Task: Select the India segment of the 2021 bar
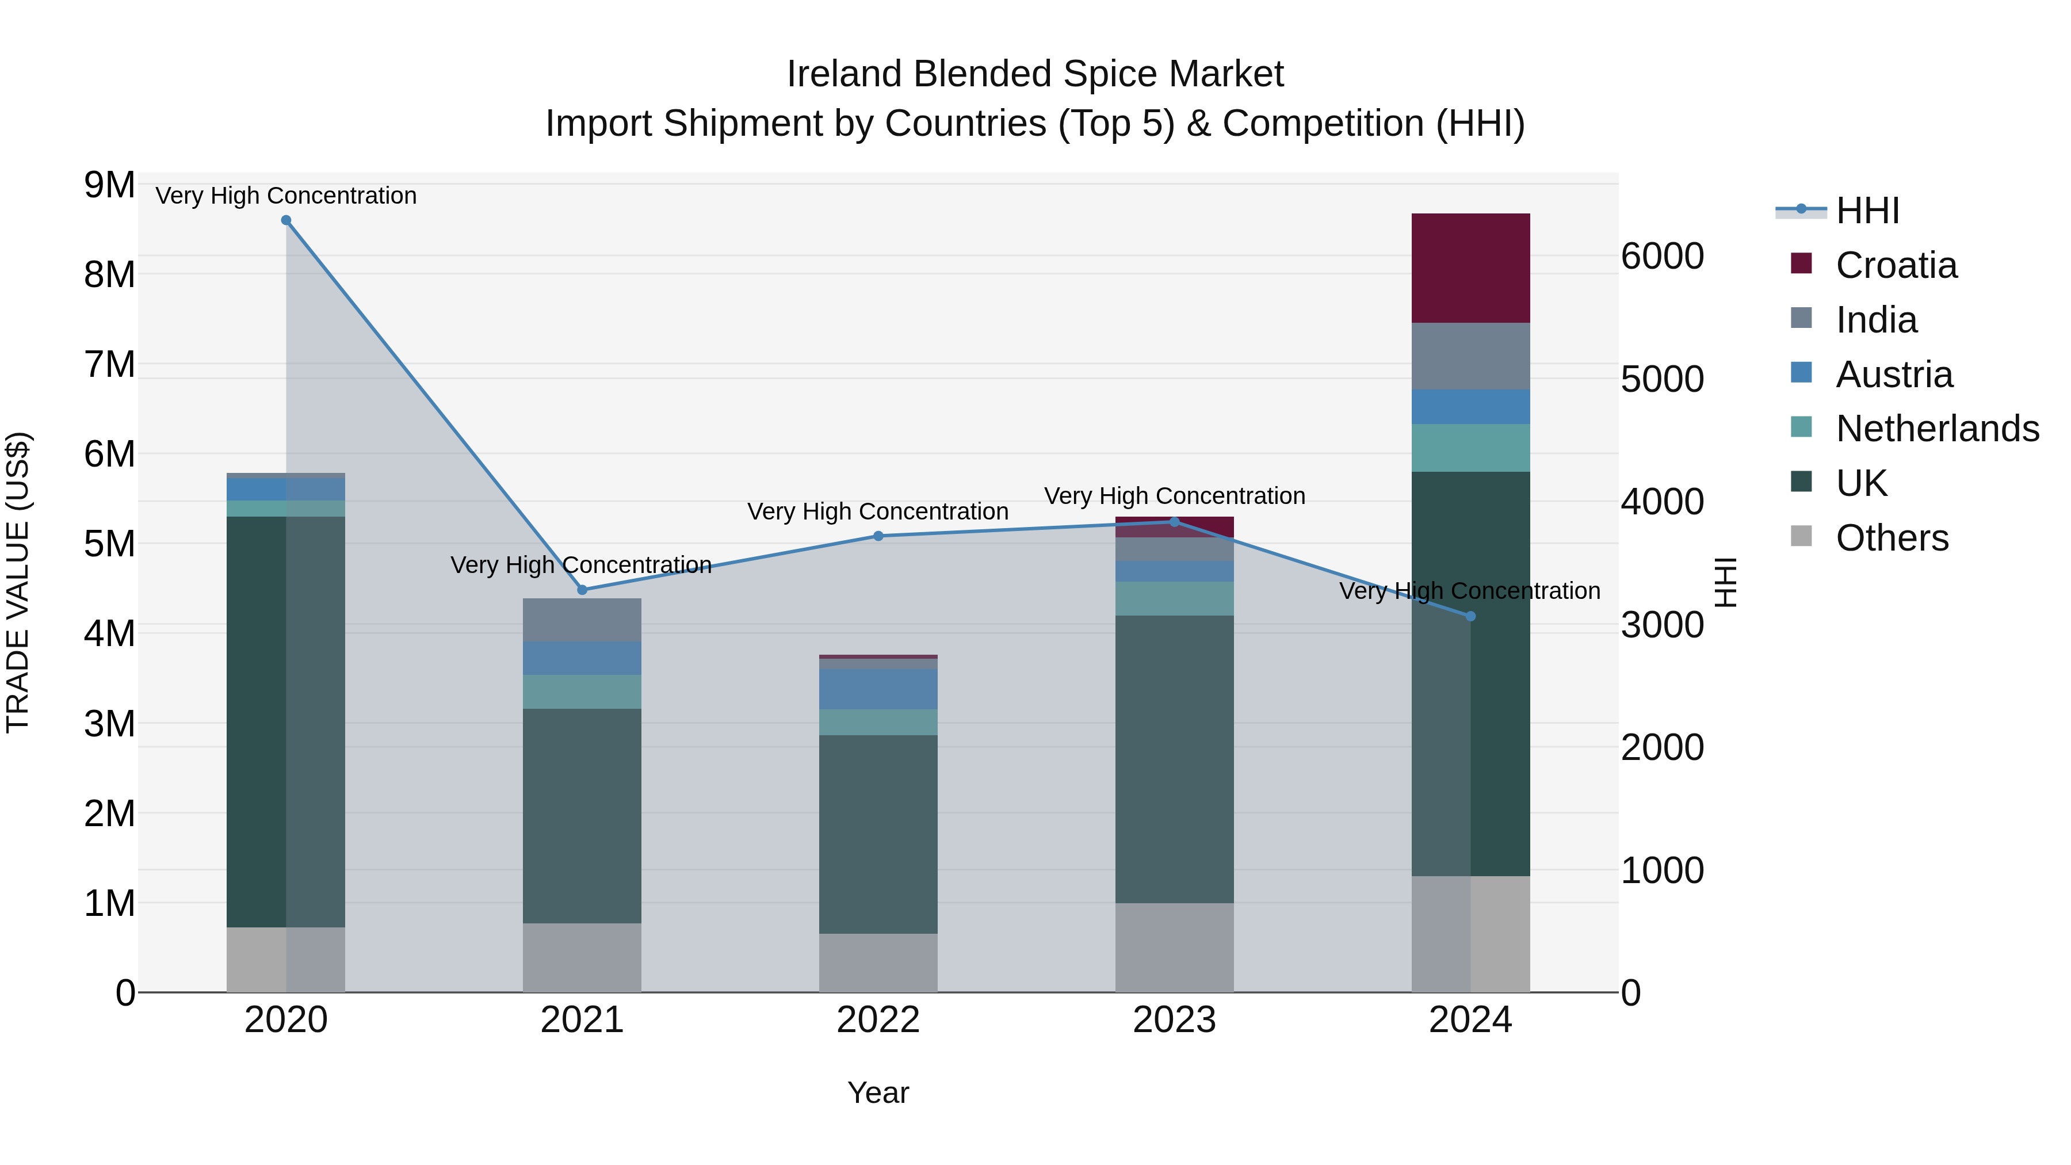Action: point(582,619)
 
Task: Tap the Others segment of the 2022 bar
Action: point(878,962)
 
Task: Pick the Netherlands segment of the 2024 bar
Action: point(1470,448)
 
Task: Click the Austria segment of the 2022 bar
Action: point(878,689)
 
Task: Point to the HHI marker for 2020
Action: point(286,220)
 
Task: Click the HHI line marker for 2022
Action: point(878,536)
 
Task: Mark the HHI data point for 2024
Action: point(1470,617)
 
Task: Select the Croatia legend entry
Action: point(1896,265)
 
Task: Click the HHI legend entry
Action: point(1867,211)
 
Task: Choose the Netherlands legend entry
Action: point(1936,429)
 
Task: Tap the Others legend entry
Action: point(1891,538)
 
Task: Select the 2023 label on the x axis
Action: point(1174,1020)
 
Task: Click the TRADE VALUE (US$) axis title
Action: point(18,582)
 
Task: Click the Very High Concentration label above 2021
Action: point(580,565)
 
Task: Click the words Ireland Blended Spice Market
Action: point(1035,74)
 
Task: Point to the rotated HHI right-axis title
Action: point(1725,582)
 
